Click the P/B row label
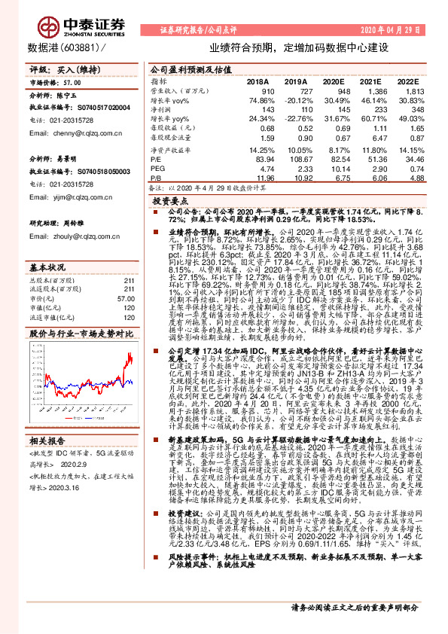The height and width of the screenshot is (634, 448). tap(157, 179)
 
